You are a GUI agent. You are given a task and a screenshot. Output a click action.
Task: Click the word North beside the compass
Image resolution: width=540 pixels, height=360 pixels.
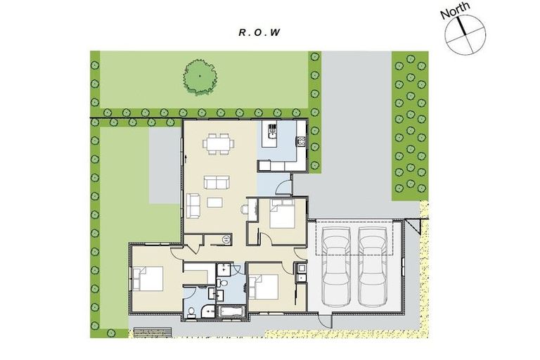coord(454,13)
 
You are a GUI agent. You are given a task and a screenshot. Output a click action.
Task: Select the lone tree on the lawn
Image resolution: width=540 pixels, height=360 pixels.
coord(198,75)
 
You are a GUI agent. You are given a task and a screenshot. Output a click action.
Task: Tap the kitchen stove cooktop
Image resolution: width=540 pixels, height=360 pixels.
coord(301,141)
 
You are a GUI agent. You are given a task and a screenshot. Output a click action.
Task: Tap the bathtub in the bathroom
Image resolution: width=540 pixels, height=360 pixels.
coord(229,311)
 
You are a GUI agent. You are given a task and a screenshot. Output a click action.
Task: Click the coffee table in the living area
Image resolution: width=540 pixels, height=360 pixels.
coord(214,202)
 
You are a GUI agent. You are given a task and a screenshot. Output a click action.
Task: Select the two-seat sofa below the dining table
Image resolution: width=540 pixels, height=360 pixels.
coord(216,183)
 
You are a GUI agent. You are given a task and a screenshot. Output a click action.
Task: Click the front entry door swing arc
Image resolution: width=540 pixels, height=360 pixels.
coord(283,188)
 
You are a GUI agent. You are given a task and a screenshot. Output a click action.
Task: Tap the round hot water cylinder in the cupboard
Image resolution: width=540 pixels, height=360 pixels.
coord(226,239)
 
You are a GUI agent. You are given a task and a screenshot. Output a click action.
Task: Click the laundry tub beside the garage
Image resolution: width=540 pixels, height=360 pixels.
coord(300,268)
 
